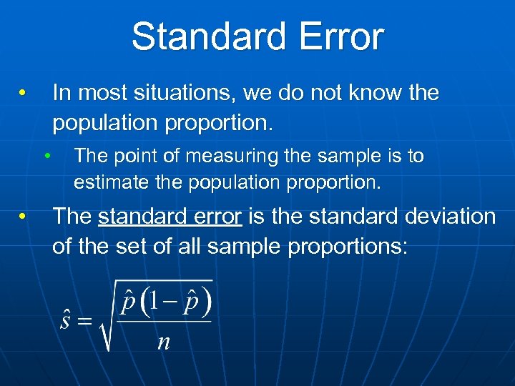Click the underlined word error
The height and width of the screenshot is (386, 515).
coord(218,216)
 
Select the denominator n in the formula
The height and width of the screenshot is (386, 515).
coord(164,342)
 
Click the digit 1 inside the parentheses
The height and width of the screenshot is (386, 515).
coord(154,305)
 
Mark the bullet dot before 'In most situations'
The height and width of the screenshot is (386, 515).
coord(23,94)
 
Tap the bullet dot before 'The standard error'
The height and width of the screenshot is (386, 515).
coord(23,217)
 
